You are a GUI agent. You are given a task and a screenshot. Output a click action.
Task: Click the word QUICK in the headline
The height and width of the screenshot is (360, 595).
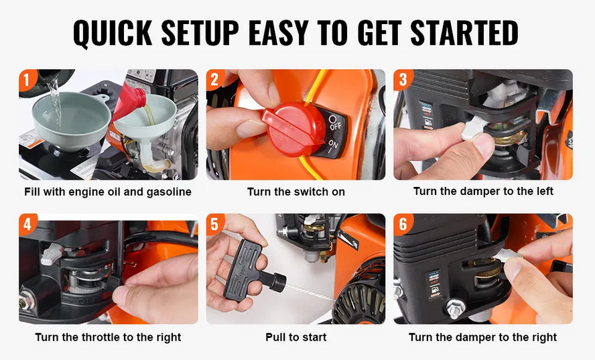pyautogui.click(x=113, y=33)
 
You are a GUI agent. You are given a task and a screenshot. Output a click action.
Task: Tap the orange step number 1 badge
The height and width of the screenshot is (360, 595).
pyautogui.click(x=27, y=80)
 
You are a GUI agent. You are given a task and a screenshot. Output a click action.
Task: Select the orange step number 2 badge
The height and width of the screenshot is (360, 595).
pyautogui.click(x=215, y=80)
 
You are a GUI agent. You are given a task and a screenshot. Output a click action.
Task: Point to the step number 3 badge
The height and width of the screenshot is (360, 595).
pyautogui.click(x=402, y=80)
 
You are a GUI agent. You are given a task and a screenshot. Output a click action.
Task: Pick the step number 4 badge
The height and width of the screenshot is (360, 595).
pyautogui.click(x=27, y=224)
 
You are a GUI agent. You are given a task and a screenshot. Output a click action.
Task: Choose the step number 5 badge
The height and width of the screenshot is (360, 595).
pyautogui.click(x=215, y=224)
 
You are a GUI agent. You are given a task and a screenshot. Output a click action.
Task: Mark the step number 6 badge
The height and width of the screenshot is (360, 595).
pyautogui.click(x=402, y=224)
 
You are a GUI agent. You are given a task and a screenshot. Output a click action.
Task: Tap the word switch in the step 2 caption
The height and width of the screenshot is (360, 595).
pyautogui.click(x=307, y=192)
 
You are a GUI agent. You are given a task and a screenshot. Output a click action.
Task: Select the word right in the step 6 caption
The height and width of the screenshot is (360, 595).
pyautogui.click(x=543, y=337)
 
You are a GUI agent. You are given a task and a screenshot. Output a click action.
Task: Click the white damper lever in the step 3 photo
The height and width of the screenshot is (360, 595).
pyautogui.click(x=470, y=128)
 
